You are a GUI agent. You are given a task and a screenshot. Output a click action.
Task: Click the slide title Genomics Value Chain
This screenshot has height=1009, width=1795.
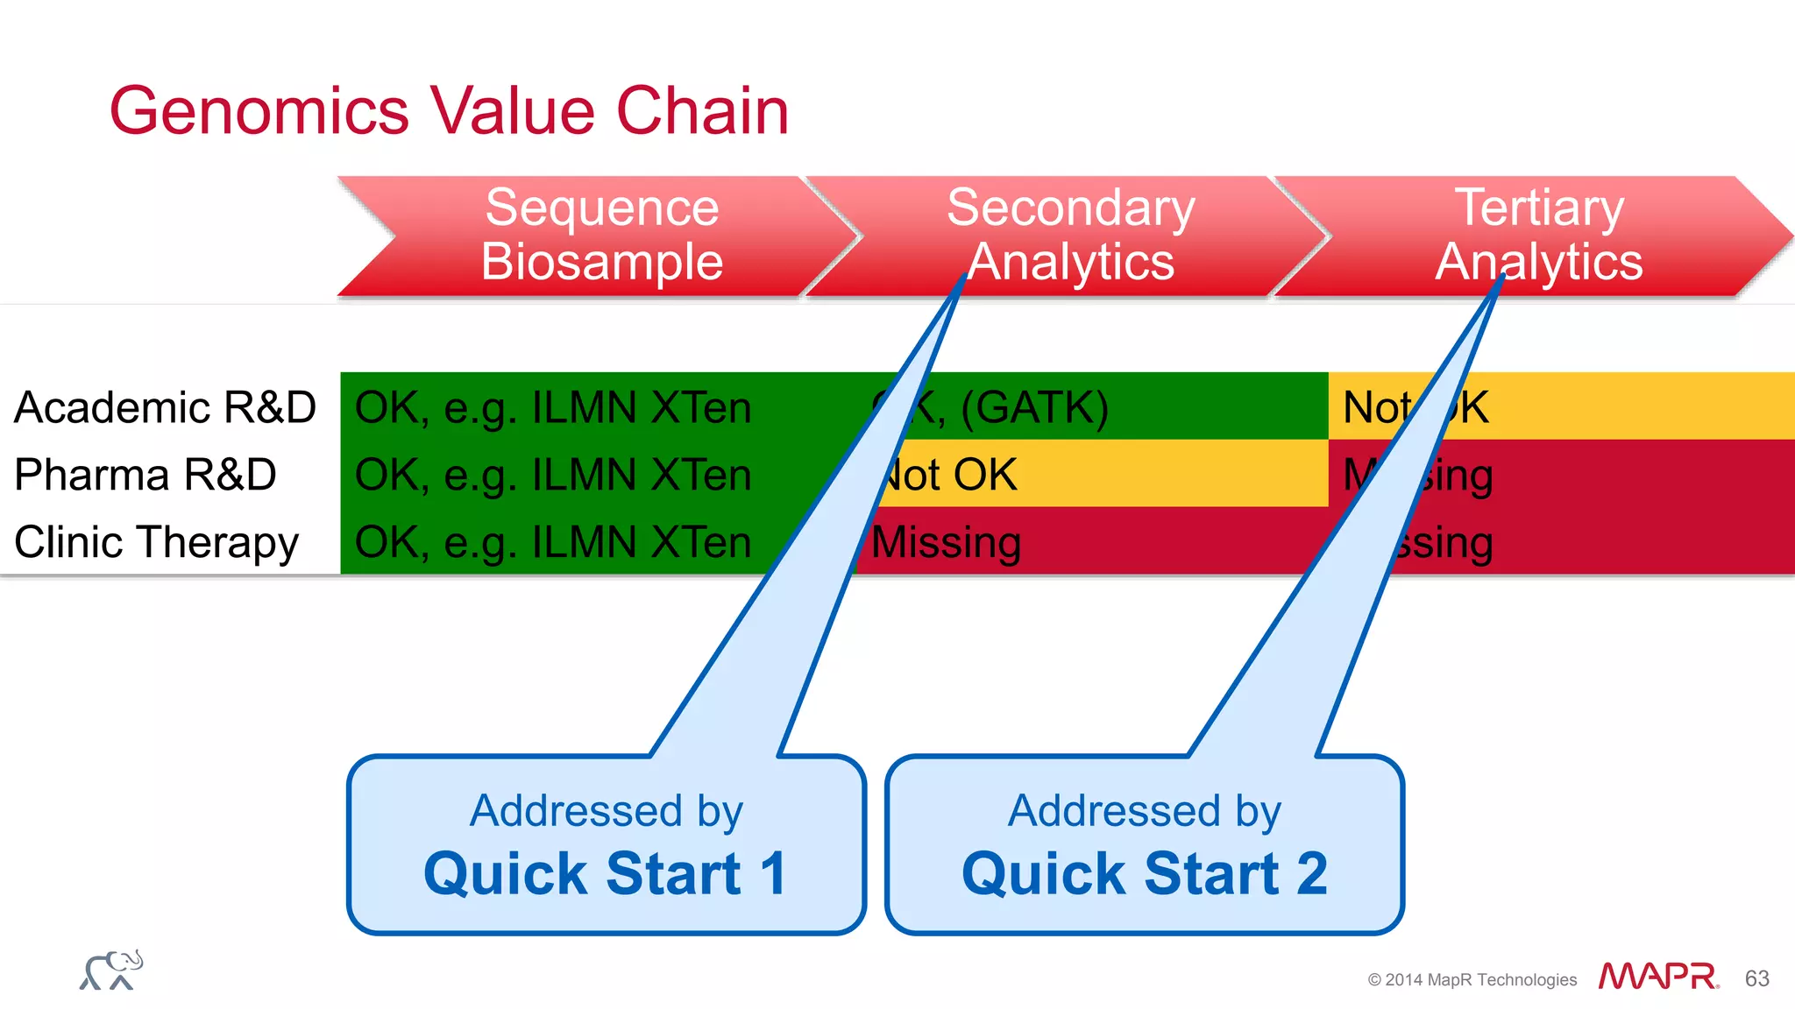449,111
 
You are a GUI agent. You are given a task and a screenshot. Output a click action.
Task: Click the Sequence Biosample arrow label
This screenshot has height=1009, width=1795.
602,235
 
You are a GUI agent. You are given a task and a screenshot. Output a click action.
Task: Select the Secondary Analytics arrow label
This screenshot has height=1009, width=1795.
1070,235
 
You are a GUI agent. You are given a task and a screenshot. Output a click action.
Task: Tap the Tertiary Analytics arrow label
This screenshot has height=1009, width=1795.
1538,235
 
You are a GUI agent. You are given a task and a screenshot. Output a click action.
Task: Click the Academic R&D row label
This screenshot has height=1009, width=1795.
165,407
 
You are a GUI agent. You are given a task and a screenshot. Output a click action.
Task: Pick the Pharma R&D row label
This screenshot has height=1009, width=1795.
145,475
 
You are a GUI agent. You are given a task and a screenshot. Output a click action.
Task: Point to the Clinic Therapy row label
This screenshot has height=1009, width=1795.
157,542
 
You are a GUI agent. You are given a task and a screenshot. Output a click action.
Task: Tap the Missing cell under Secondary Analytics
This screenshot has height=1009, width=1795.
947,542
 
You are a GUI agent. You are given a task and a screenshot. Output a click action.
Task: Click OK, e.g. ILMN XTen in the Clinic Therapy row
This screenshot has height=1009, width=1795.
553,542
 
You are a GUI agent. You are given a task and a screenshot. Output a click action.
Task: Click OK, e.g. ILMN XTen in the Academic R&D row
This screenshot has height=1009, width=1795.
553,407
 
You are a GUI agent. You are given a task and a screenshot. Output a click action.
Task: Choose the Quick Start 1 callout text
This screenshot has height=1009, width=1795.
605,873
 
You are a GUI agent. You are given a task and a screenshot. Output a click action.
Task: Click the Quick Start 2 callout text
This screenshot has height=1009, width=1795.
1144,873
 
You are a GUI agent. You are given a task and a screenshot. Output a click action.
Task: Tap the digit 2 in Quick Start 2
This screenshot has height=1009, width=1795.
1311,873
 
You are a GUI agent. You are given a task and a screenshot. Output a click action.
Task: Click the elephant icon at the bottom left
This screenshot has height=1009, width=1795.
111,970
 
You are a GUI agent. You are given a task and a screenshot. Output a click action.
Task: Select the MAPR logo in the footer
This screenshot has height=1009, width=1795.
1657,977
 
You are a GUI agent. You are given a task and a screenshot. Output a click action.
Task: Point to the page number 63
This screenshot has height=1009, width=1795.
1756,978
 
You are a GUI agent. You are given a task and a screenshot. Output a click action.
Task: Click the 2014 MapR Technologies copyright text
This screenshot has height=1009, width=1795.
1472,979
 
